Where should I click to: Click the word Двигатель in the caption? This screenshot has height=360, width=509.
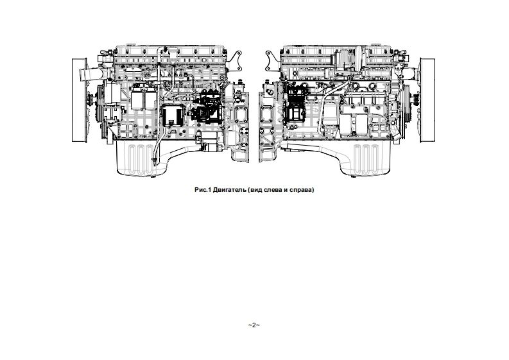[230, 190]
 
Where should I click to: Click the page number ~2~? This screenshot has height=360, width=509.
[254, 325]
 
